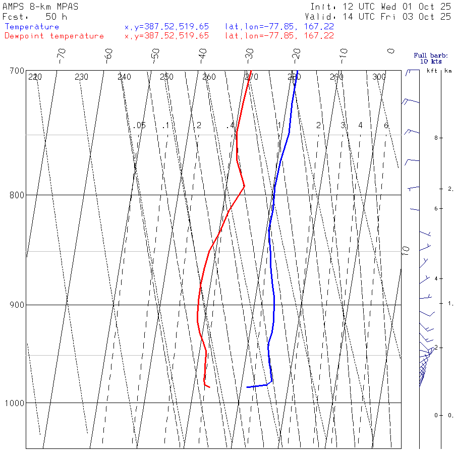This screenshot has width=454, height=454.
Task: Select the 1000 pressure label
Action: tap(15, 403)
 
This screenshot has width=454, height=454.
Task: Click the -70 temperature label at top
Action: tap(62, 54)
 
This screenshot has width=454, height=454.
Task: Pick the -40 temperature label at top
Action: tap(203, 54)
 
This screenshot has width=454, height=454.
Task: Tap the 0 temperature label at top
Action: tap(390, 51)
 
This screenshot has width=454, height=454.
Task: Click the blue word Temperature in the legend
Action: tap(32, 27)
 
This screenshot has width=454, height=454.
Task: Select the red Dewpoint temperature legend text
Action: tap(54, 36)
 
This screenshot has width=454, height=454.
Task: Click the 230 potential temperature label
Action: tap(81, 77)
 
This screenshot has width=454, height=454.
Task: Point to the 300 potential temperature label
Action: tap(379, 77)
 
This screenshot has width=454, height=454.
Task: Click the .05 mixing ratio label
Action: tap(140, 125)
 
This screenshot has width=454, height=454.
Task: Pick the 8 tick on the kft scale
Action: tap(428, 138)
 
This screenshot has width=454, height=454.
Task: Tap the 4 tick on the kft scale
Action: tap(428, 278)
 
